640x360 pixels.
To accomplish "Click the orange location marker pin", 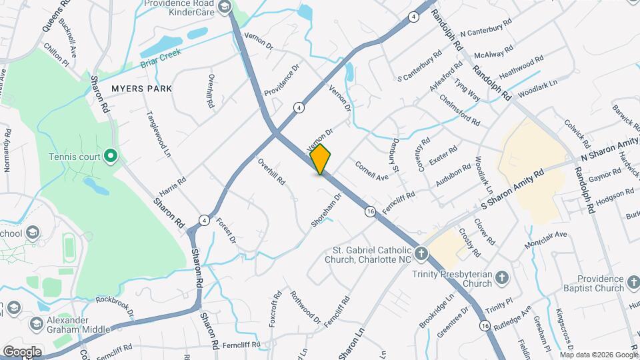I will point(321,159).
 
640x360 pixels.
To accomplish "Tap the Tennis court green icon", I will point(111,157).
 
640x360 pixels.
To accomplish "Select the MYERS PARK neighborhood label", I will point(141,88).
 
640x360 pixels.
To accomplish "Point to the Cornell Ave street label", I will point(371,171).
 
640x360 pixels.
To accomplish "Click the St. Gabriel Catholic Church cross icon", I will point(421,253).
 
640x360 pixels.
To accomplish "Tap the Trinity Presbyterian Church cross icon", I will point(503,279).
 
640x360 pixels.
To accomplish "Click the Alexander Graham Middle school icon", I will point(37,324).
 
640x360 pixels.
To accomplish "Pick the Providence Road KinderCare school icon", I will point(224,7).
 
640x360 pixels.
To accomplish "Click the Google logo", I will point(22,351).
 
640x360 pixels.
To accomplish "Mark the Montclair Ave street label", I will point(545,239).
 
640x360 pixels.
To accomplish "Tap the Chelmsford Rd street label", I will point(460,110).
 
